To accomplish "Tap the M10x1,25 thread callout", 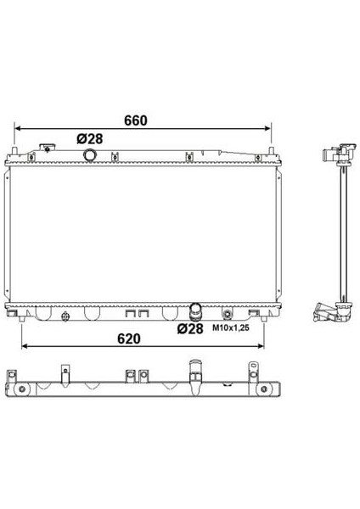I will pyautogui.click(x=229, y=329).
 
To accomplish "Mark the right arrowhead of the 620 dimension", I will pyautogui.click(x=267, y=346).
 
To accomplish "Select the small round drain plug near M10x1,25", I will pyautogui.click(x=226, y=316).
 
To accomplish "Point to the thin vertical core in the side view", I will pyautogui.click(x=343, y=229).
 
